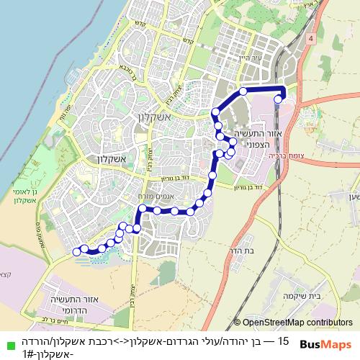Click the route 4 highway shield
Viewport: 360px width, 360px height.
(x=310, y=38)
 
